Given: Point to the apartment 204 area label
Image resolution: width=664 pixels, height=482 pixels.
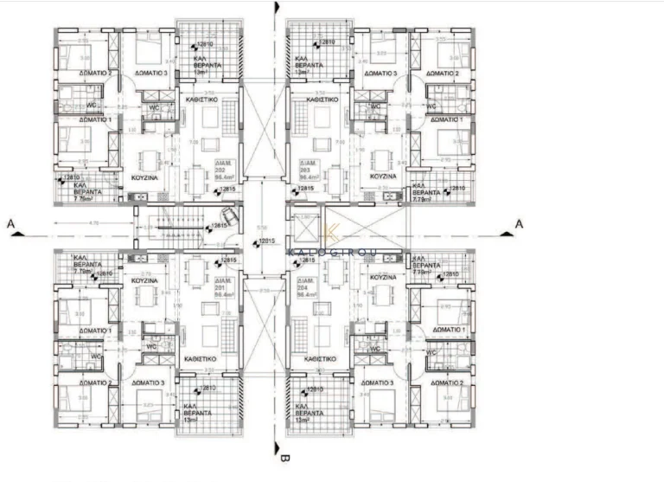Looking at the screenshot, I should [x=308, y=290].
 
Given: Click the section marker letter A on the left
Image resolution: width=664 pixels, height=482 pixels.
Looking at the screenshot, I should [x=10, y=222].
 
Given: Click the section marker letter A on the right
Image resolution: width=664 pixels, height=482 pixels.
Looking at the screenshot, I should [x=519, y=222].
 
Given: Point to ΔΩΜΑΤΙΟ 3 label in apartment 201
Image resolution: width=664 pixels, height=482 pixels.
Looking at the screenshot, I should [x=150, y=382].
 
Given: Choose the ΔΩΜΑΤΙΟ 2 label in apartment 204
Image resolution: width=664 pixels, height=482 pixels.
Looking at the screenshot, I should [x=450, y=382].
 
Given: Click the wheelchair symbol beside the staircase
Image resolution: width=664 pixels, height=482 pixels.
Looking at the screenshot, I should [x=229, y=215].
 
